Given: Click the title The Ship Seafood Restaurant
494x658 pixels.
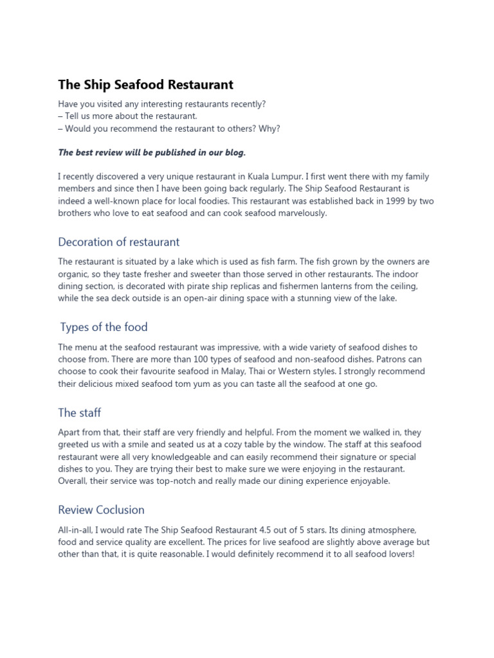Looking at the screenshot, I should (x=145, y=85).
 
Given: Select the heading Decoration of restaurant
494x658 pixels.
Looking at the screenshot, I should (x=118, y=242).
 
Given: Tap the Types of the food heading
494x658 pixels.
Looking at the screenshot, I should (x=104, y=327).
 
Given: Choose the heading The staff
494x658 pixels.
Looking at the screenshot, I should (x=79, y=413).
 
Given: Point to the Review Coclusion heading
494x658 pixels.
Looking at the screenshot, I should (x=101, y=510).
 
